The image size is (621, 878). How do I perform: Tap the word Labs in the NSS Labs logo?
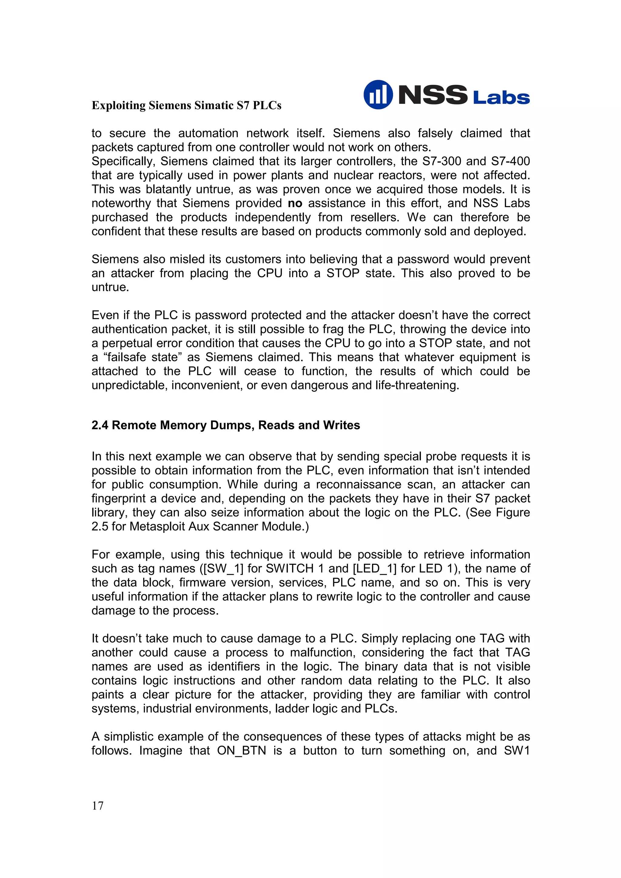tap(501, 98)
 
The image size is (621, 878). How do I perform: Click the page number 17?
tap(98, 806)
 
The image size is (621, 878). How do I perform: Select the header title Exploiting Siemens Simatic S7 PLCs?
tap(186, 105)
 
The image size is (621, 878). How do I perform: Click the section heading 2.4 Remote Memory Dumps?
tap(225, 425)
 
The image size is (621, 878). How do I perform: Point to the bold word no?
tap(295, 203)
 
